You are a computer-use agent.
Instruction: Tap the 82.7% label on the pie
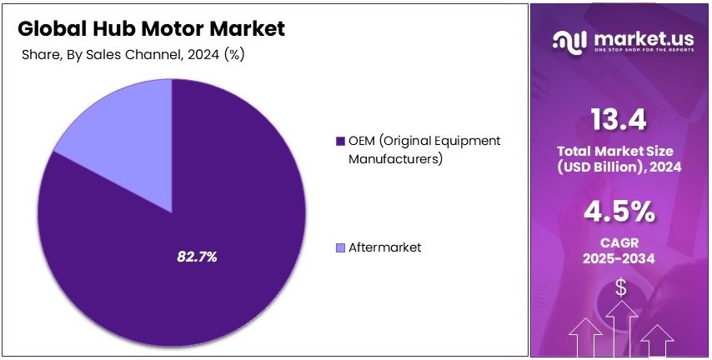click(197, 257)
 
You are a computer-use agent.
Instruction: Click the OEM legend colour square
click(339, 141)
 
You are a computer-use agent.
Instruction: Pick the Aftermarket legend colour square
click(339, 247)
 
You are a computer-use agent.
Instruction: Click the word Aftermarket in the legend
click(384, 247)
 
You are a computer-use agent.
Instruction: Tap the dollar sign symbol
click(621, 288)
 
